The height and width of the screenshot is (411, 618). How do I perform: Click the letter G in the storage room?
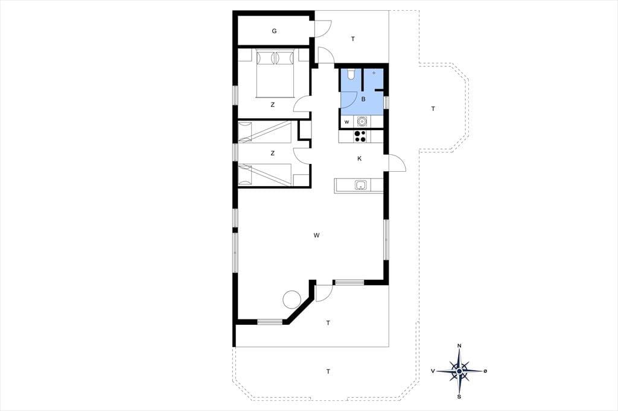(274, 31)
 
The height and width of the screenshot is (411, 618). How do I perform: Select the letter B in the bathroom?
(363, 99)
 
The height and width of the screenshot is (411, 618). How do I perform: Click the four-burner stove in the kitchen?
(360, 136)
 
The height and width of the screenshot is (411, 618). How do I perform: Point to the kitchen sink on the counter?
(361, 184)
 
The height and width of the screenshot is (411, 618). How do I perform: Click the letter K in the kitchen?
(359, 158)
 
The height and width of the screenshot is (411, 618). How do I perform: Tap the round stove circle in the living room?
(292, 299)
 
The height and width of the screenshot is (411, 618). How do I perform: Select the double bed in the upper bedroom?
(275, 73)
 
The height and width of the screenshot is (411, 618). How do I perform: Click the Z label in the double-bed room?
(272, 105)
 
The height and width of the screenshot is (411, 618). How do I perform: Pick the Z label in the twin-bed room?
(272, 153)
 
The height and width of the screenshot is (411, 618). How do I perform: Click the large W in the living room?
(316, 236)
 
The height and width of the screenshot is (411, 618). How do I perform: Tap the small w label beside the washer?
(347, 122)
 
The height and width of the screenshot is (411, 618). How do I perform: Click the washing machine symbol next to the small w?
(360, 122)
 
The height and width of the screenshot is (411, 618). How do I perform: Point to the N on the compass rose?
(459, 346)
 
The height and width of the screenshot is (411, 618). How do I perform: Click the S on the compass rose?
(459, 397)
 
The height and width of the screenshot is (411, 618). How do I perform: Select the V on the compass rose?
(433, 371)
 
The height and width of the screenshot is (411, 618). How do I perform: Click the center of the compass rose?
(459, 371)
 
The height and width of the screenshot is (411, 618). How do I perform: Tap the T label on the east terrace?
(433, 108)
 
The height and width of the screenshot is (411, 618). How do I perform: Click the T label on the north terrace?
(352, 39)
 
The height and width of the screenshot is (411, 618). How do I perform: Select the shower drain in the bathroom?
(374, 74)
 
